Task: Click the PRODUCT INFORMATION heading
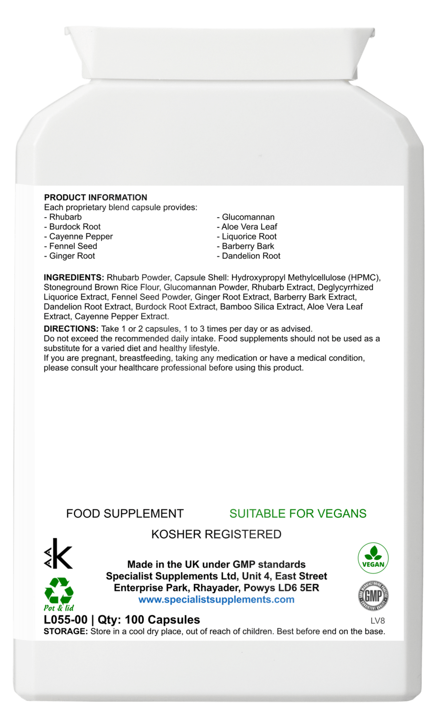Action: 95,198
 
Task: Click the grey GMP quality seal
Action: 373,596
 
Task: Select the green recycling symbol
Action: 59,590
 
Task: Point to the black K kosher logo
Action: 58,554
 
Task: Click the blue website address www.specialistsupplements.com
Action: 216,600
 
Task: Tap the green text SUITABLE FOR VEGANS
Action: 298,514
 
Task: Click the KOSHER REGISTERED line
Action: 216,534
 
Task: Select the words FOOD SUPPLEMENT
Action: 125,514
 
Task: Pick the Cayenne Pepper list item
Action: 79,237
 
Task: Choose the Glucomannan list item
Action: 246,217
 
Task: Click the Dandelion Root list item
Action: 249,256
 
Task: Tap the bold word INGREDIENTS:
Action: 74,278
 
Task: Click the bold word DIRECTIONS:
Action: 71,329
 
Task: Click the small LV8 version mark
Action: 377,621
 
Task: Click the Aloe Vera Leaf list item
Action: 247,227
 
